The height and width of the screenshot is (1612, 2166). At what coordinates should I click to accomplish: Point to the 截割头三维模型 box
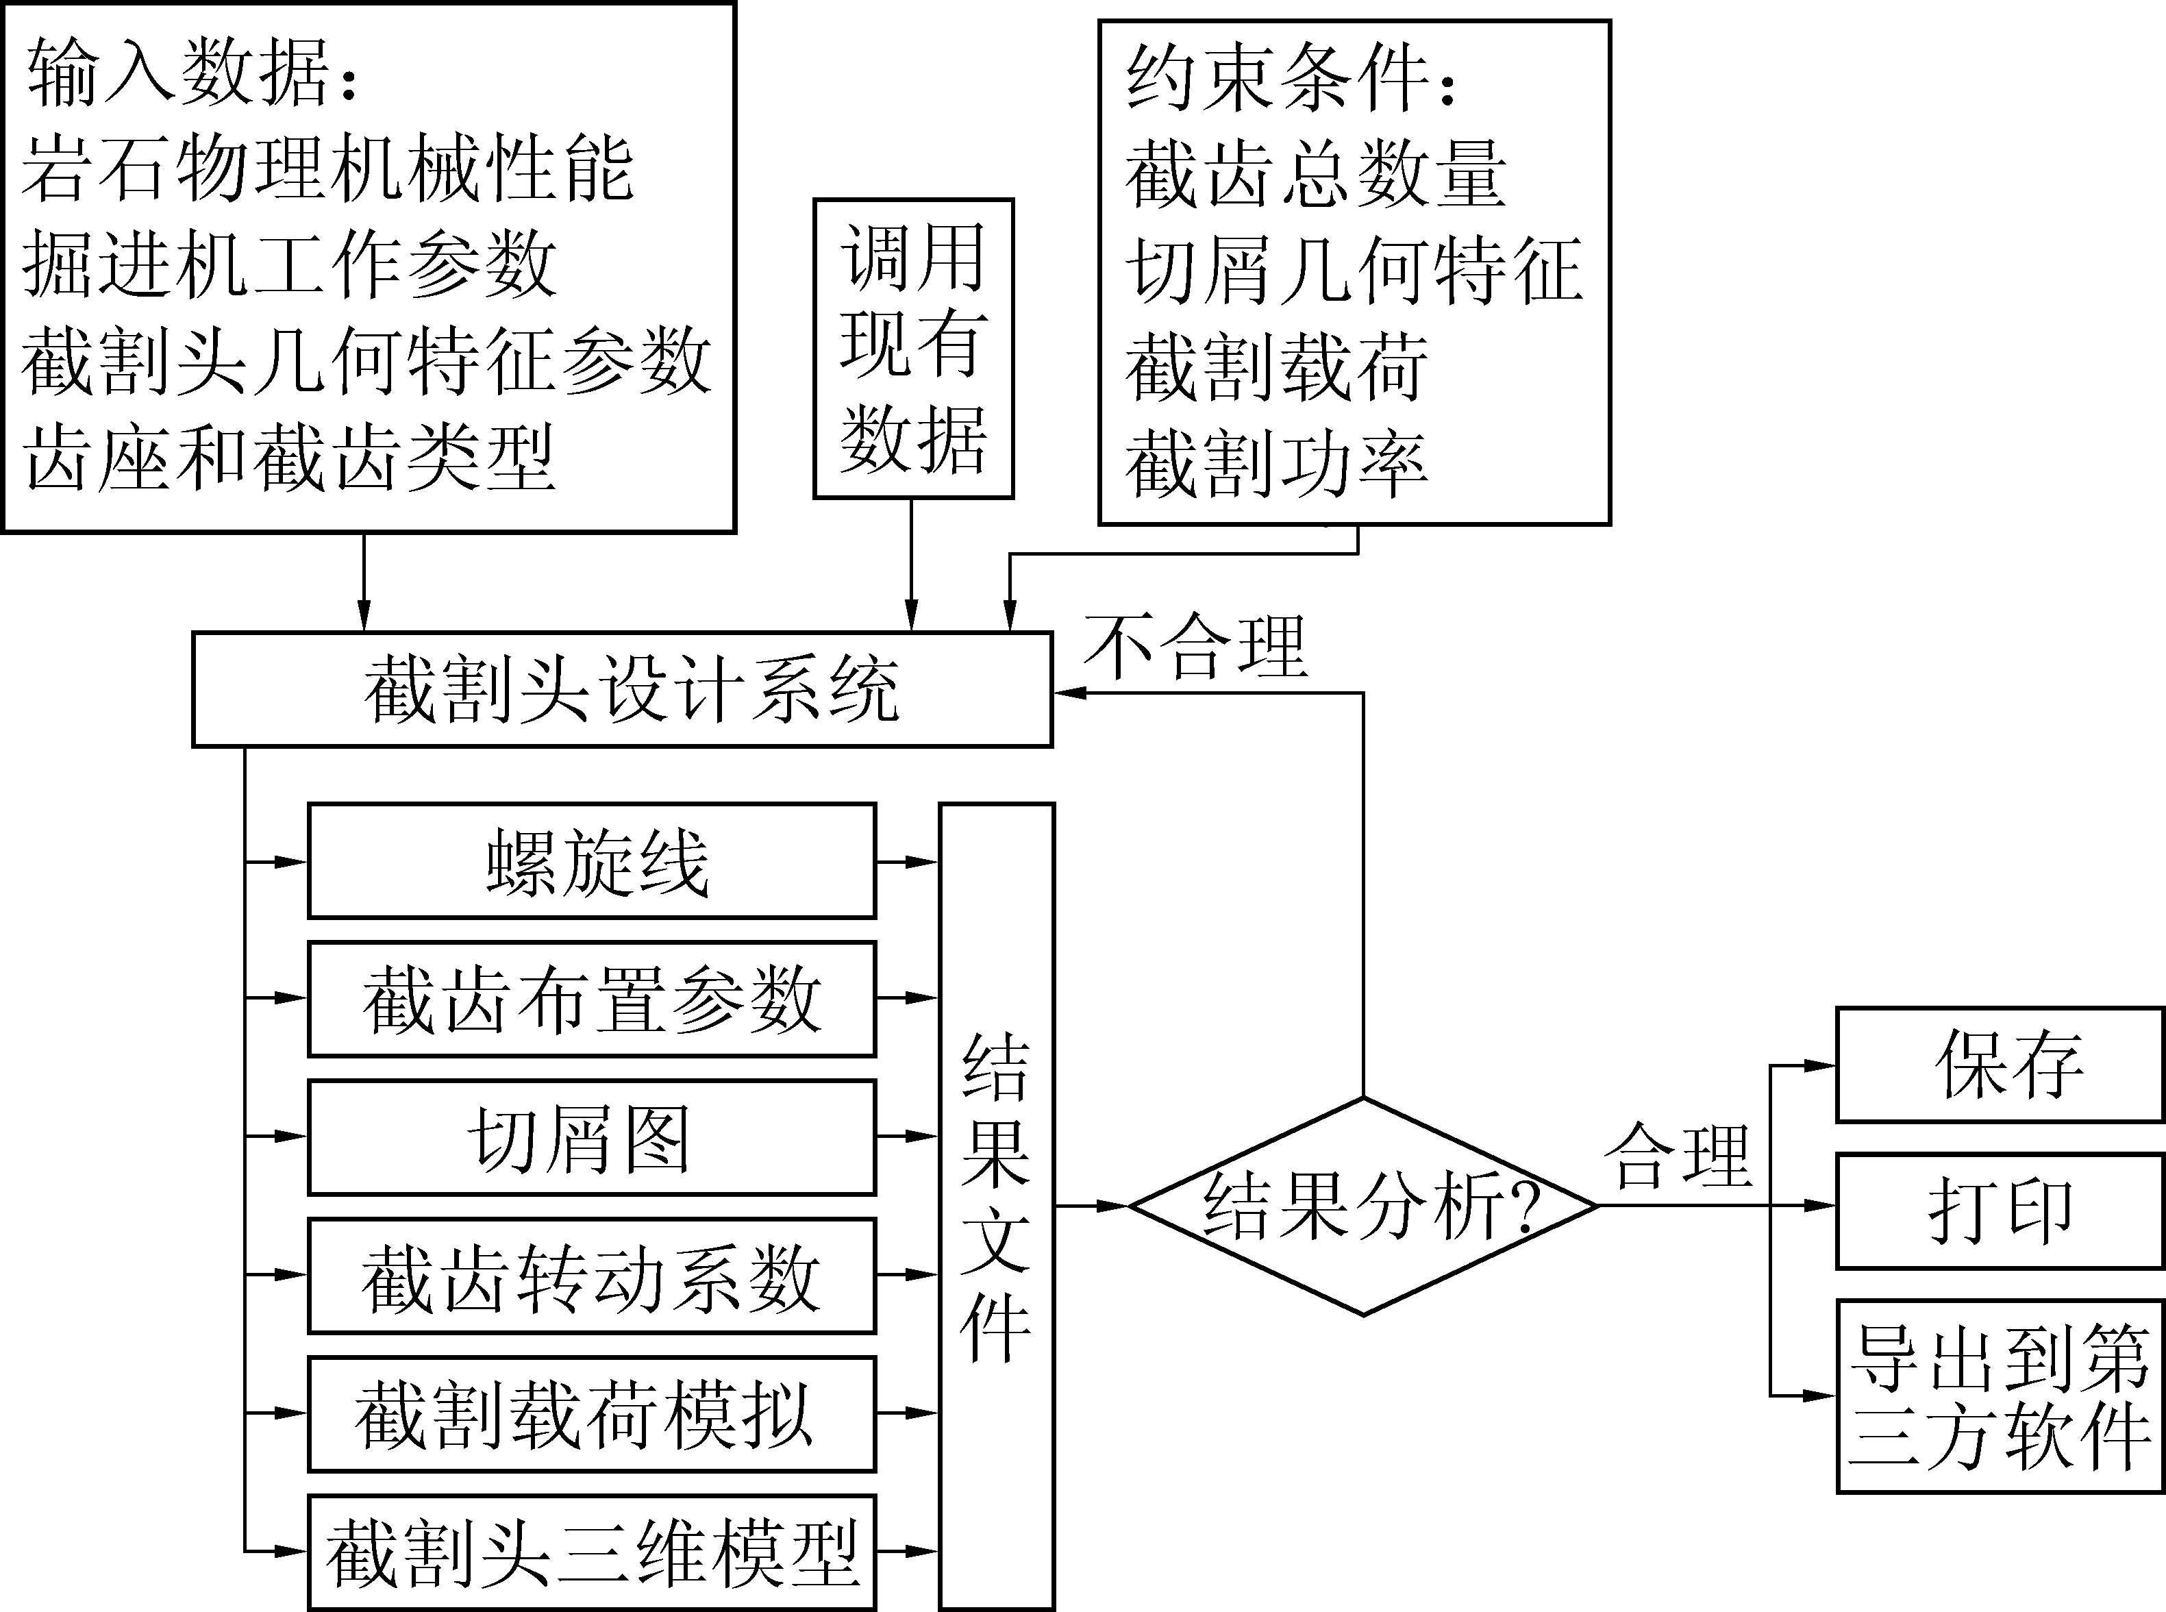[591, 1552]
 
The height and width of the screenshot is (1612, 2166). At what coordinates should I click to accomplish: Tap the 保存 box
[2000, 1065]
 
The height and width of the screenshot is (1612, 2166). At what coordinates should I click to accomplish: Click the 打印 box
[2000, 1211]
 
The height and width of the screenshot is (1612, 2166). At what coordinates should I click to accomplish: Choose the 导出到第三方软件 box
[2000, 1396]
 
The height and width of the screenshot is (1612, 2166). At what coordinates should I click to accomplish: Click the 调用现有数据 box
[913, 348]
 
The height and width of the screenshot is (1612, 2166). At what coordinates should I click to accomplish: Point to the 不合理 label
[1195, 647]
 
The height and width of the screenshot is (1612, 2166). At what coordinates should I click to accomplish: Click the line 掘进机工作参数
[289, 264]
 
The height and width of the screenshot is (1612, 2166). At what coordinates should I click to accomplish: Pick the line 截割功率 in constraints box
[1275, 464]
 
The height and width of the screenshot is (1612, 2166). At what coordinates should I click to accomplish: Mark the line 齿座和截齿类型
[289, 457]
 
